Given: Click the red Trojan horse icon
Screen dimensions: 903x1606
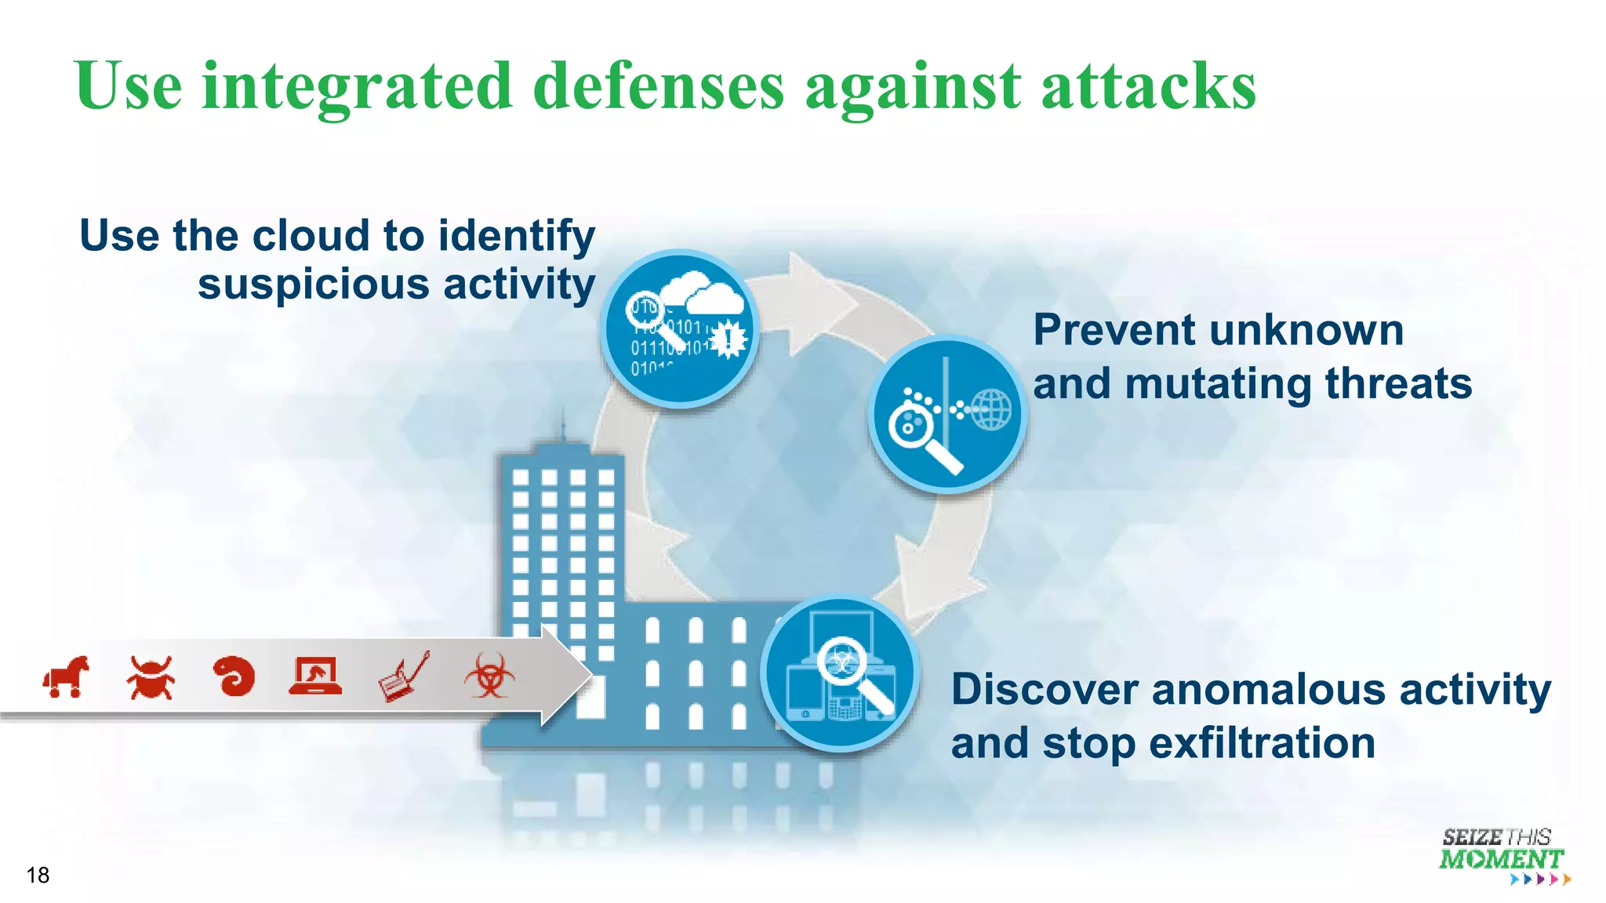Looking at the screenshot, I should pyautogui.click(x=66, y=676).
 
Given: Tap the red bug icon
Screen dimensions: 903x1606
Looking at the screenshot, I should pyautogui.click(x=150, y=677).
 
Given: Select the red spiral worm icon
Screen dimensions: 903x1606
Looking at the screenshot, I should pyautogui.click(x=234, y=676).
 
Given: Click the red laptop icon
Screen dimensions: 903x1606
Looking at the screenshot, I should pyautogui.click(x=315, y=676).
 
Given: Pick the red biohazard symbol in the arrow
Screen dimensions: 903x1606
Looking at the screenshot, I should pyautogui.click(x=489, y=676).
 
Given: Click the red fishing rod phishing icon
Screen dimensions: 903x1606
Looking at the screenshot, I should pyautogui.click(x=403, y=676).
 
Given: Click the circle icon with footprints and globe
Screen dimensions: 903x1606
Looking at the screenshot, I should pyautogui.click(x=947, y=414).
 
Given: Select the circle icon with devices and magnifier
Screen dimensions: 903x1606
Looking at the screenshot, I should pyautogui.click(x=840, y=673).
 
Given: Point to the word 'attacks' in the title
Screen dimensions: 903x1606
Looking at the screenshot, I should pyautogui.click(x=1147, y=86).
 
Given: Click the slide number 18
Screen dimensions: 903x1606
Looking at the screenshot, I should pyautogui.click(x=38, y=875).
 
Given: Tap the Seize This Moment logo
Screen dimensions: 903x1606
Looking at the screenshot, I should pyautogui.click(x=1502, y=856).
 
